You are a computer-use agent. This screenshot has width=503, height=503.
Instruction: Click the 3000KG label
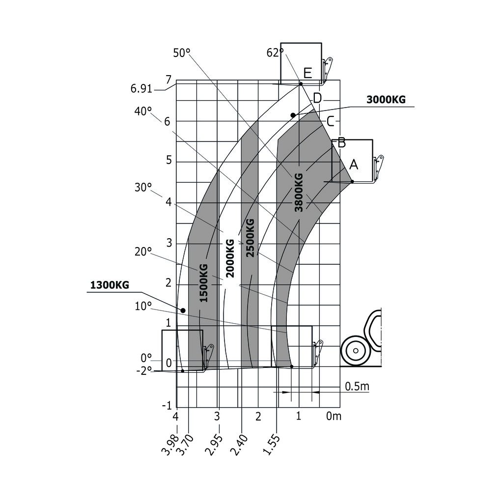[x=386, y=100]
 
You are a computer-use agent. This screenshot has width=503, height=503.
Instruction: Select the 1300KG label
[x=110, y=285]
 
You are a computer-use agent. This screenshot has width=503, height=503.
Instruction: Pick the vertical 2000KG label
[x=229, y=258]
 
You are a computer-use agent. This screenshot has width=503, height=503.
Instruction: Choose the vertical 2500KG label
[x=250, y=237]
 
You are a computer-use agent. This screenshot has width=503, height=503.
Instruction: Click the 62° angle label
[x=275, y=53]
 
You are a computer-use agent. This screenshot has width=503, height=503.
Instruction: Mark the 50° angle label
[x=181, y=53]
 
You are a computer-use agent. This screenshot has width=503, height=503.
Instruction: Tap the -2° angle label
[x=144, y=371]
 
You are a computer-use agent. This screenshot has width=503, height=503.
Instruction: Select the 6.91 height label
[x=141, y=89]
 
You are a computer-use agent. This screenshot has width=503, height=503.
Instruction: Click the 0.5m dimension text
[x=357, y=387]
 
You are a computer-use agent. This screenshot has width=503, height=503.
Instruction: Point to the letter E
[x=307, y=74]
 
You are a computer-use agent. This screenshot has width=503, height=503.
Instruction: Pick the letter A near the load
[x=354, y=165]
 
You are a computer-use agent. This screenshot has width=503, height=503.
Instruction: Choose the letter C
[x=331, y=120]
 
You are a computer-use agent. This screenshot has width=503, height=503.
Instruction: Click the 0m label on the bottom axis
[x=334, y=417]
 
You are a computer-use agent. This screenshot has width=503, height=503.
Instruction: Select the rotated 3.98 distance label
[x=168, y=444]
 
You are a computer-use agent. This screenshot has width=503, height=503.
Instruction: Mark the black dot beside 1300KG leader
[x=183, y=310]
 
